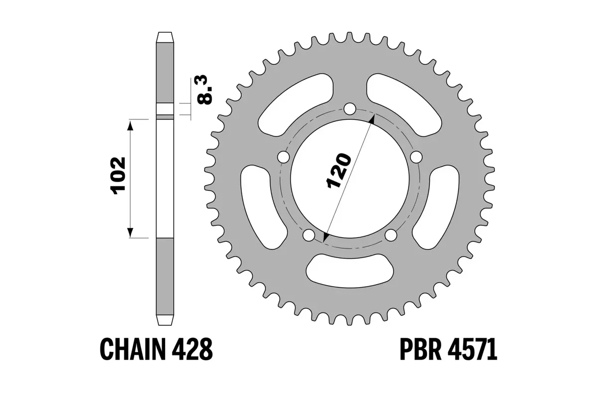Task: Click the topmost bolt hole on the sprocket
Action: [x=350, y=109]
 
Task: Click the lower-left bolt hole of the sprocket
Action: [x=309, y=235]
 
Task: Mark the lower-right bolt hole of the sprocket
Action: [x=391, y=235]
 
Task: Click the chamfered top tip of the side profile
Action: [x=166, y=37]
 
